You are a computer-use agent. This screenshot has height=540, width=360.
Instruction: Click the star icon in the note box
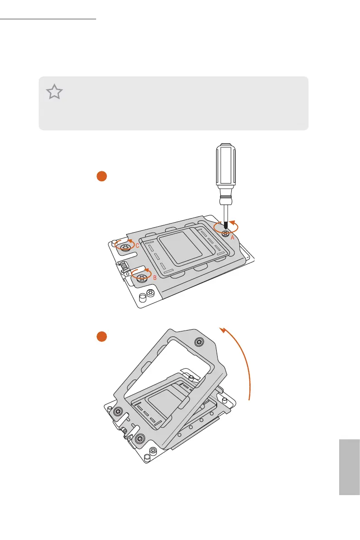tap(54, 92)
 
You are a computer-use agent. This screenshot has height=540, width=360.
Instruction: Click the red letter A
tap(232, 237)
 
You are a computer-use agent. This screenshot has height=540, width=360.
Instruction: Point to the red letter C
tap(137, 245)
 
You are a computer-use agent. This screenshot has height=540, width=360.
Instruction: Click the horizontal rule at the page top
tap(49, 19)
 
